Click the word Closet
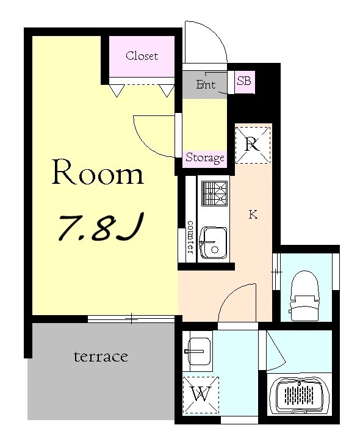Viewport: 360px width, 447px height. point(142,56)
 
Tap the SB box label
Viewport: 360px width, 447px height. point(244,81)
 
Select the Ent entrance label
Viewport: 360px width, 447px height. point(206,84)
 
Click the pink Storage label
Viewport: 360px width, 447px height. point(205,158)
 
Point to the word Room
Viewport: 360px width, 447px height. point(98,172)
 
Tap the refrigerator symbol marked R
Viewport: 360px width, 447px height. point(253,145)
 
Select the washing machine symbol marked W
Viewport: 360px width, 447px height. point(201,394)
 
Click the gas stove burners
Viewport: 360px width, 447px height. point(214,193)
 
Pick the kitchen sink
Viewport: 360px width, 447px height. point(214,242)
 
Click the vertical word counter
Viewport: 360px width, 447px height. point(190,237)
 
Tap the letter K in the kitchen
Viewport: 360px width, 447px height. point(253,214)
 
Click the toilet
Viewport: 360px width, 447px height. point(304,296)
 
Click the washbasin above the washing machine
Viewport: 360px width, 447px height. point(198,351)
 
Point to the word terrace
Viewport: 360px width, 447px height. point(101,357)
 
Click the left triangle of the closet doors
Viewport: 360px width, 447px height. point(117,90)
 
